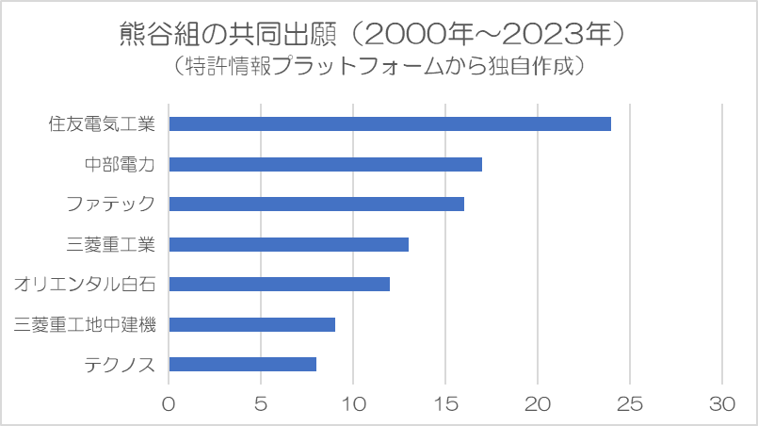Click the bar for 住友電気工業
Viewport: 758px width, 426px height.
(x=390, y=123)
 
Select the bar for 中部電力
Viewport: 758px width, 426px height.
(x=326, y=164)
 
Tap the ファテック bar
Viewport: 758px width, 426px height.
(x=316, y=205)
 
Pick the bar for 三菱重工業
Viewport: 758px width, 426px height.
(x=288, y=244)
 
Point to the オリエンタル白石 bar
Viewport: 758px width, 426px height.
(x=280, y=285)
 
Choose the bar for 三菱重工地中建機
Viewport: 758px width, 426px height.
(x=251, y=324)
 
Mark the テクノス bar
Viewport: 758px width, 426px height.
(x=243, y=365)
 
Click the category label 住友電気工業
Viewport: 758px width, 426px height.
(x=102, y=123)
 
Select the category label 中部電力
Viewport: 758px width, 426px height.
(x=120, y=164)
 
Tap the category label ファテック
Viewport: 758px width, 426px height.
(x=110, y=205)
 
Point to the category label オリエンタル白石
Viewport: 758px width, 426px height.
(x=84, y=285)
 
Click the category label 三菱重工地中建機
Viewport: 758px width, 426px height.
(x=84, y=324)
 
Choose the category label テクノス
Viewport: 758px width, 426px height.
(x=120, y=365)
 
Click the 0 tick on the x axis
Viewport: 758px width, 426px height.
(x=169, y=403)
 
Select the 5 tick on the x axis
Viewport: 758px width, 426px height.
(x=261, y=403)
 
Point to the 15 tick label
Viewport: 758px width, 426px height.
(x=445, y=403)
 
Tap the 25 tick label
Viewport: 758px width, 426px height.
(x=630, y=403)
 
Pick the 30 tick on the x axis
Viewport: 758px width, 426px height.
(x=722, y=403)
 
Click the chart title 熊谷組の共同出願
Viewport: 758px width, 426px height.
(x=227, y=34)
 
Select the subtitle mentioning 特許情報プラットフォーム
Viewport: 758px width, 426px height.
(x=379, y=66)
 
